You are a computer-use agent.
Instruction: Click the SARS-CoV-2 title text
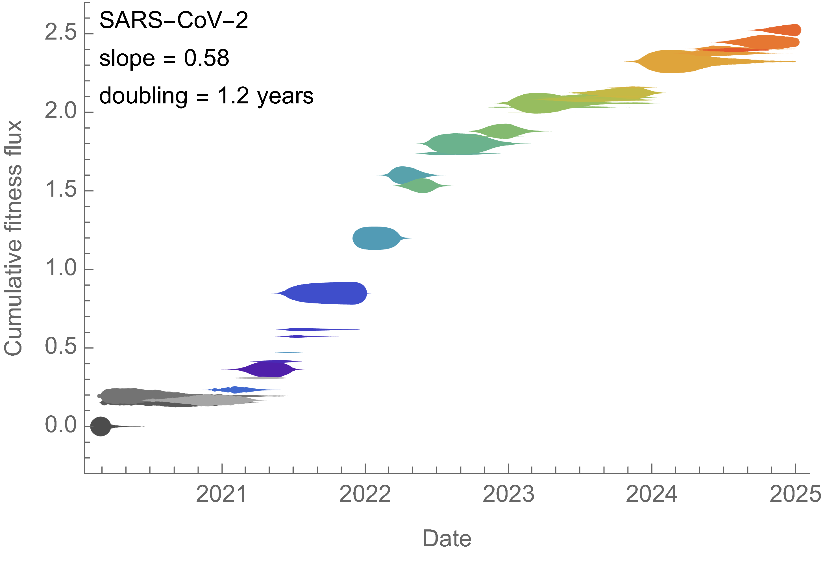coord(174,21)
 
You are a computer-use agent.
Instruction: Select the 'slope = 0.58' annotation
coord(164,58)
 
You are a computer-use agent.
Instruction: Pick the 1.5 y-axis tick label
coord(61,189)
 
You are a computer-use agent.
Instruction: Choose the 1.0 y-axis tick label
coord(61,268)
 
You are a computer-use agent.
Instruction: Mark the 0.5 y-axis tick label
coord(61,346)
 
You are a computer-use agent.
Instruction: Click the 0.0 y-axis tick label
coord(61,425)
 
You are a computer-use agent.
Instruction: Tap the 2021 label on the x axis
coord(221,494)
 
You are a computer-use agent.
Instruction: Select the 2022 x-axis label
coord(365,494)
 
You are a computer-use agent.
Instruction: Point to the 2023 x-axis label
coord(508,494)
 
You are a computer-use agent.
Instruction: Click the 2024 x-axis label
coord(651,494)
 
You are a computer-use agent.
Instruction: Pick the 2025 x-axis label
coord(795,494)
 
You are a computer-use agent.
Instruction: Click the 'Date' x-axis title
coord(447,539)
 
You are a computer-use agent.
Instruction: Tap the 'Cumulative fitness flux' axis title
coord(14,238)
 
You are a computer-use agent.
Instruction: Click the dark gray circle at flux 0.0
coord(101,426)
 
